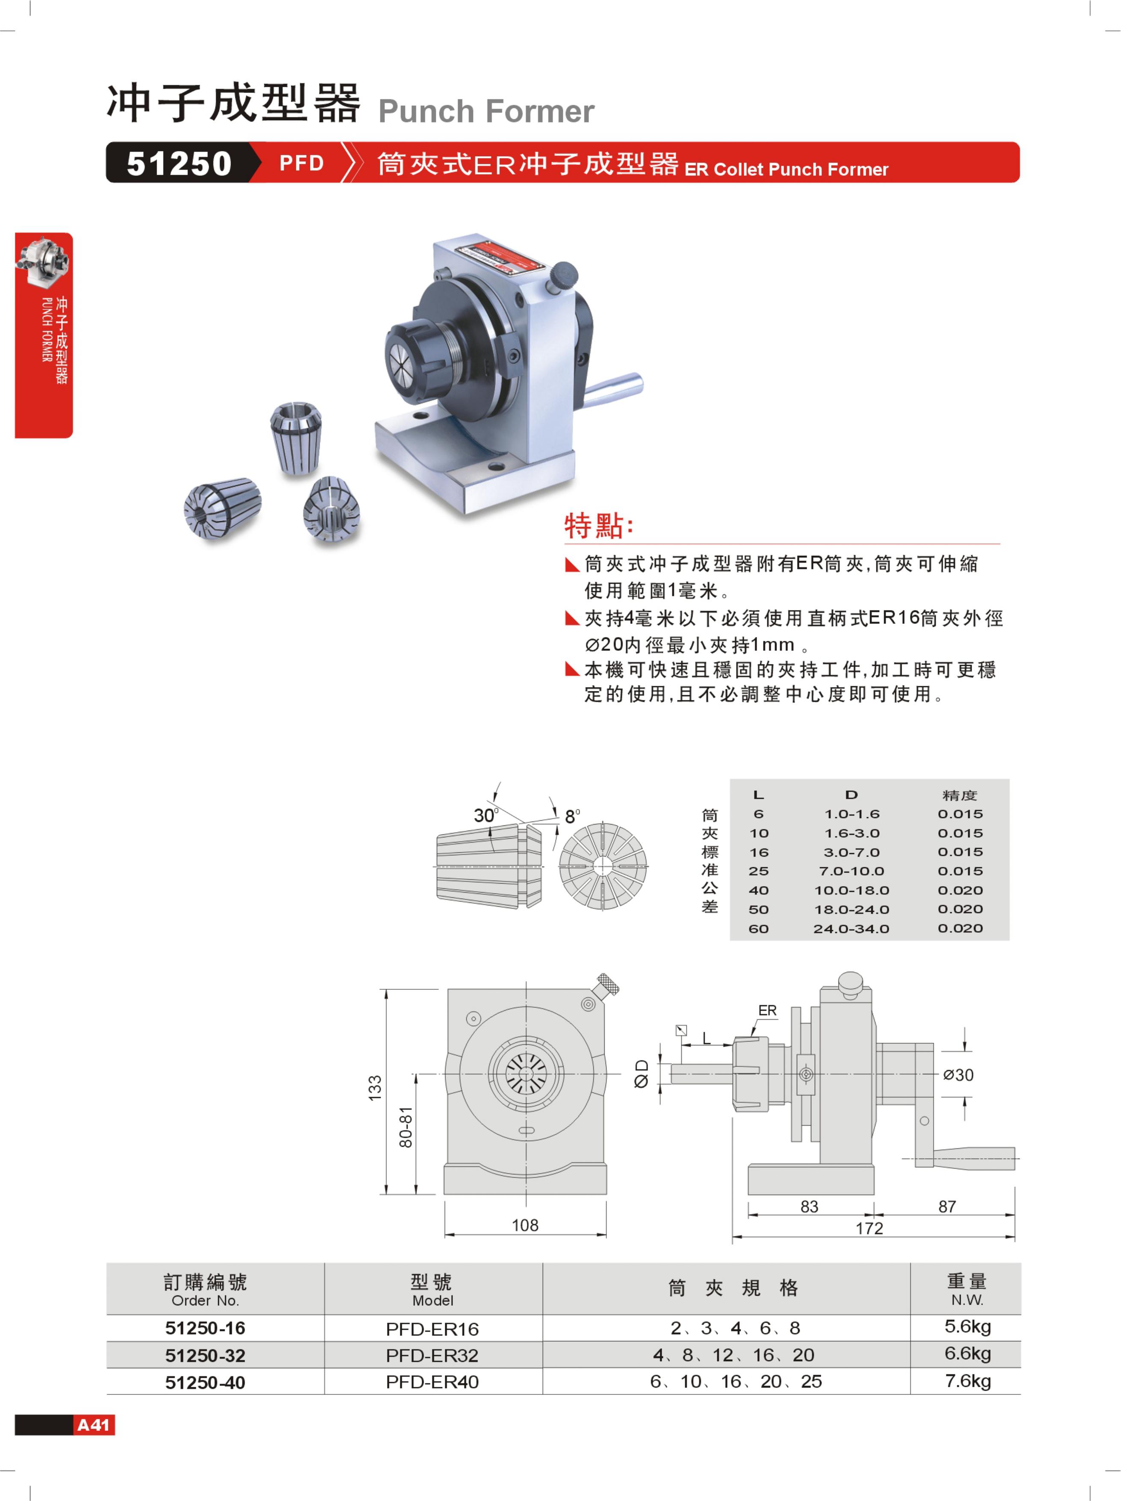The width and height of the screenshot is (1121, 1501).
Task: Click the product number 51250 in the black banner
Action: coord(179,163)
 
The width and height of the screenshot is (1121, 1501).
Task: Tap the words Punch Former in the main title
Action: coord(486,111)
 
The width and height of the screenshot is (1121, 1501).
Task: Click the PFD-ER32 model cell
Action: coord(432,1355)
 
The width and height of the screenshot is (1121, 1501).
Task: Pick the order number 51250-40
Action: coord(205,1382)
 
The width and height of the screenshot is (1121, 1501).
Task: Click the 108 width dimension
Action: coord(525,1225)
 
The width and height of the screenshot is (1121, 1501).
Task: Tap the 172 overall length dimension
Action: coord(870,1228)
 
